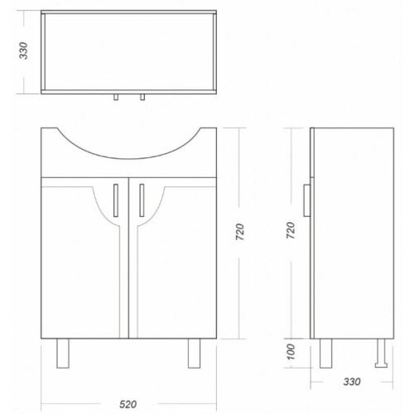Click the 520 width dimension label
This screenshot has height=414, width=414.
pyautogui.click(x=128, y=404)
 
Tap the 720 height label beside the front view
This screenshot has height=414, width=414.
pyautogui.click(x=240, y=232)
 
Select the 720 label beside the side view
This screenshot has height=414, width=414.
pyautogui.click(x=291, y=230)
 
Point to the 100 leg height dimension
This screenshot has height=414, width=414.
pyautogui.click(x=291, y=352)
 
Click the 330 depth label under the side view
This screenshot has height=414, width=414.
pyautogui.click(x=352, y=382)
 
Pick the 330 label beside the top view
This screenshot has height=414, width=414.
pyautogui.click(x=23, y=51)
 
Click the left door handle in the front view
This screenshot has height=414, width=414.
pyautogui.click(x=116, y=200)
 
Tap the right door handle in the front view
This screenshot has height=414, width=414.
pyautogui.click(x=142, y=200)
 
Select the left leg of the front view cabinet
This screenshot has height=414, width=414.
pyautogui.click(x=63, y=354)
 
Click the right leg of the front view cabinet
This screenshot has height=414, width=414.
pyautogui.click(x=194, y=354)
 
